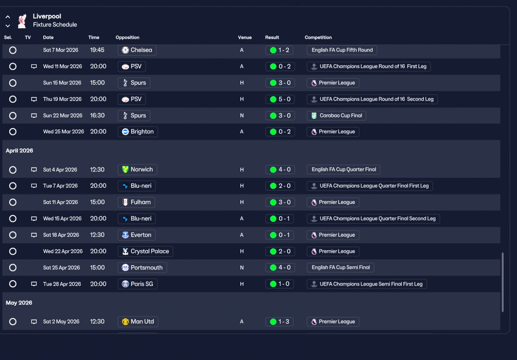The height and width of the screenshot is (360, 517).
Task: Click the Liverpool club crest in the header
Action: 22,21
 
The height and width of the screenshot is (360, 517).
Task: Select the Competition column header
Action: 318,38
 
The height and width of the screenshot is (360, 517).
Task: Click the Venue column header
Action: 245,38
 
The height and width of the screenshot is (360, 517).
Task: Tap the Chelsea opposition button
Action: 137,50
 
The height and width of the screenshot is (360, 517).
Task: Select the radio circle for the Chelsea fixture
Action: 13,50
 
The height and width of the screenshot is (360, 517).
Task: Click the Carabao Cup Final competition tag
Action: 336,116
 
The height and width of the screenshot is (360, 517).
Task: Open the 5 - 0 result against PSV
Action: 280,99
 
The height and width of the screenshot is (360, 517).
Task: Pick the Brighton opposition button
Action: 138,132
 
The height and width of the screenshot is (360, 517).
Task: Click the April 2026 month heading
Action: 19,151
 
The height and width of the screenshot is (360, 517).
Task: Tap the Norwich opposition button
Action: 137,169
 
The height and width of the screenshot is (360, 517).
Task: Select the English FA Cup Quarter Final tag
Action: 343,169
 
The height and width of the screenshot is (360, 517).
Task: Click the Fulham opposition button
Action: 136,202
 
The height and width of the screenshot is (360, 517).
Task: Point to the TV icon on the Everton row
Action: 34,235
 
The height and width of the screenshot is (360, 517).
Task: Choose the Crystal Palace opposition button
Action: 145,251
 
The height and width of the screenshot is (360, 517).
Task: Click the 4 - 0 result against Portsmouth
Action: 280,267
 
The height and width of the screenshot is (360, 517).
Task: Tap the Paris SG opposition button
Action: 137,284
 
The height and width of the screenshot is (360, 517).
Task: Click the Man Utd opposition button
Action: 138,322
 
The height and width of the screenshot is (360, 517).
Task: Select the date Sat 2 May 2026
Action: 61,322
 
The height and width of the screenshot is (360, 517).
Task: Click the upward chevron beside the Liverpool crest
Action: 8,17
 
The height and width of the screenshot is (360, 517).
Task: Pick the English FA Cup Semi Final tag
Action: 340,267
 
